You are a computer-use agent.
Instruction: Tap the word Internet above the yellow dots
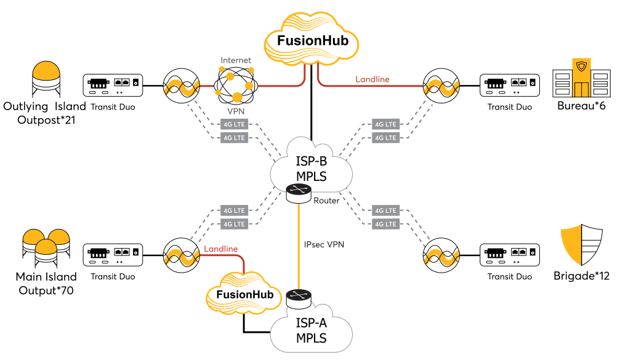(x=236, y=60)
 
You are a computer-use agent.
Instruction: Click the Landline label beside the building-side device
(x=372, y=79)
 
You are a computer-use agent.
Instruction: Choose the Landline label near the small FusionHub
(x=220, y=249)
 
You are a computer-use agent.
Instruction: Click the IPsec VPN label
(x=324, y=244)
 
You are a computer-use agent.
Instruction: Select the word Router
(x=326, y=201)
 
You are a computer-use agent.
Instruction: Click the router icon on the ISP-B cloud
(x=299, y=193)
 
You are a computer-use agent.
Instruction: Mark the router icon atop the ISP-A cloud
(x=299, y=298)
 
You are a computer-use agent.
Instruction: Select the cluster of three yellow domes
(x=46, y=244)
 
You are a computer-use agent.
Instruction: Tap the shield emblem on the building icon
(x=581, y=65)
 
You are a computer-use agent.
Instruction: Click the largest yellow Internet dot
(x=237, y=97)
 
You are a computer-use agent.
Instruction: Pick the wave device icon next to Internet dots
(x=180, y=86)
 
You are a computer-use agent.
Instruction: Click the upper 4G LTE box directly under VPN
(x=234, y=124)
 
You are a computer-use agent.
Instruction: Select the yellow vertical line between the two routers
(x=299, y=246)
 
